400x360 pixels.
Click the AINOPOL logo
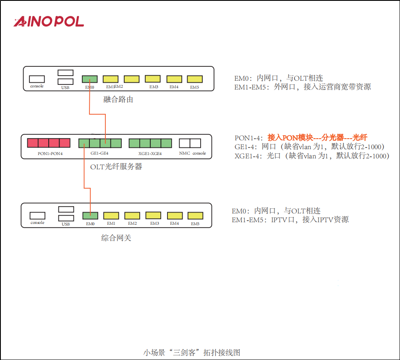coord(49,22)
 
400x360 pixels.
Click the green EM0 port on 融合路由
coord(90,79)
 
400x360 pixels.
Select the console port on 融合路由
coord(37,79)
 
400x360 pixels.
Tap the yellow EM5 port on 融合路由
coord(195,79)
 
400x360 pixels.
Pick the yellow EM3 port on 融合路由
coord(153,79)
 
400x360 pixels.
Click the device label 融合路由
coord(118,100)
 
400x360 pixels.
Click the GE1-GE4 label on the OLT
coord(99,154)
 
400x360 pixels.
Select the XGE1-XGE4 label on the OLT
coord(150,154)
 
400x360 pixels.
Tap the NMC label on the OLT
coord(185,153)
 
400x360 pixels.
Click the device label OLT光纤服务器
coord(116,167)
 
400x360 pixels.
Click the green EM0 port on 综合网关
coord(90,215)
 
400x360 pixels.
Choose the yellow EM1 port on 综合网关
coord(111,215)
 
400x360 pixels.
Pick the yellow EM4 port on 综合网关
coord(175,215)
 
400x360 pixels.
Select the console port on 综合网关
coord(37,215)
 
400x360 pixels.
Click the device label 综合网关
coord(116,238)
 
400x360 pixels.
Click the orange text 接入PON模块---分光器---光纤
coord(317,137)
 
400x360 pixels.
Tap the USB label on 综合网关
coord(65,224)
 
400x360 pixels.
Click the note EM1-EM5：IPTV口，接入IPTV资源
coord(290,220)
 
